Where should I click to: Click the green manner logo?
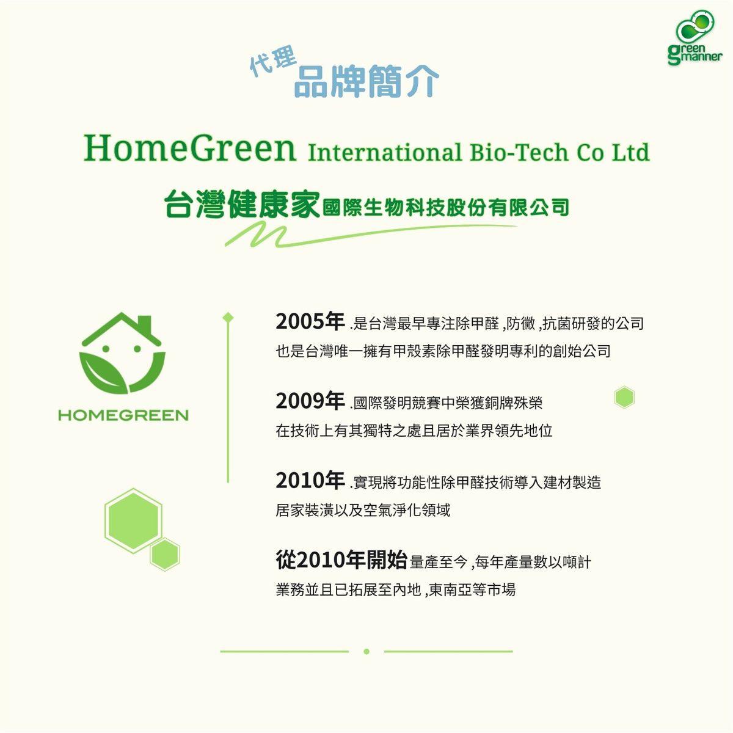pyautogui.click(x=695, y=38)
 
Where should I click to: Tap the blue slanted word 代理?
pyautogui.click(x=272, y=60)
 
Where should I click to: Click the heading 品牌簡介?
pyautogui.click(x=366, y=81)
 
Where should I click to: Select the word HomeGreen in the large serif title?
pyautogui.click(x=189, y=148)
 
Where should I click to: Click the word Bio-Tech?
pyautogui.click(x=519, y=152)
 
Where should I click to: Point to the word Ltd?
pyautogui.click(x=630, y=152)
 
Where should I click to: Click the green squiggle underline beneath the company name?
pyautogui.click(x=371, y=236)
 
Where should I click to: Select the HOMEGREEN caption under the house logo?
pyautogui.click(x=123, y=415)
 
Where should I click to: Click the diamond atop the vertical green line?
pyautogui.click(x=228, y=317)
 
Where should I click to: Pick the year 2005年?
pyautogui.click(x=310, y=321)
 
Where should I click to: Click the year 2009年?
pyautogui.click(x=310, y=401)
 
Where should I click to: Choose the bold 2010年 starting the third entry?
pyautogui.click(x=310, y=481)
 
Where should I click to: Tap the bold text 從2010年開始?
pyautogui.click(x=341, y=560)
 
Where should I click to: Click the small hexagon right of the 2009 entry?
pyautogui.click(x=624, y=398)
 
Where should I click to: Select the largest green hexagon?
pyautogui.click(x=133, y=521)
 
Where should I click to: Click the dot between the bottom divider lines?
pyautogui.click(x=366, y=652)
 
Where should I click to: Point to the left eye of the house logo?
pyautogui.click(x=106, y=348)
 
